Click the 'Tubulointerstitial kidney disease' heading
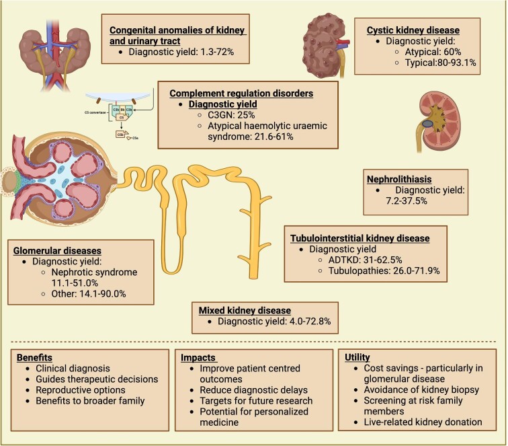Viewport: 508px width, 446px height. click(359, 238)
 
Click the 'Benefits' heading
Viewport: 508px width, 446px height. click(35, 359)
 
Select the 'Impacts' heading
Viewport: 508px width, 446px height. click(199, 359)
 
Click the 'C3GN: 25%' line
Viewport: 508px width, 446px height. click(228, 115)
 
